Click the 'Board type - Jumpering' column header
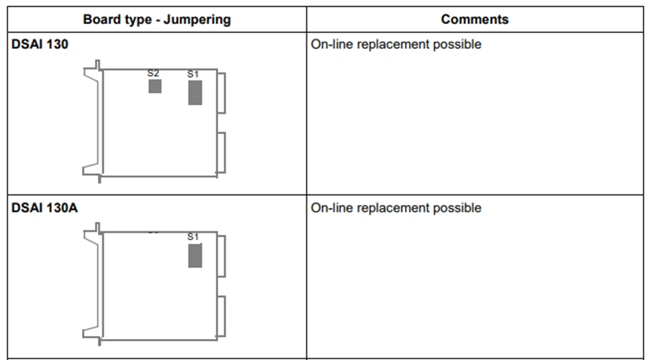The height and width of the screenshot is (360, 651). click(x=157, y=20)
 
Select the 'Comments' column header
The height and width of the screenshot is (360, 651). click(x=475, y=20)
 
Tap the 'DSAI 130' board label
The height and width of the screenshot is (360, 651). click(x=40, y=44)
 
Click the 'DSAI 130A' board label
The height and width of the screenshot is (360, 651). click(x=44, y=207)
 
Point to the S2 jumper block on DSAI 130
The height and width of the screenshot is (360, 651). click(x=155, y=87)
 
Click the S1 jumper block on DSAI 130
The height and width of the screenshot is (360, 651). click(x=195, y=93)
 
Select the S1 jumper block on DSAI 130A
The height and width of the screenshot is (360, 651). click(x=195, y=255)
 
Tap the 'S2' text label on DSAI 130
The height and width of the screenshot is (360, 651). click(x=154, y=74)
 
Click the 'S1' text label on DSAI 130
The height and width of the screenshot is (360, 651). click(x=193, y=75)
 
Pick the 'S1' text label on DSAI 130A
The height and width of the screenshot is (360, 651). click(x=193, y=237)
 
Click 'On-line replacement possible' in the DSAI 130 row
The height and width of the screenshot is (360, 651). click(x=396, y=44)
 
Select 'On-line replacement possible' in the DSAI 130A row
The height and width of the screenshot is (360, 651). click(x=396, y=208)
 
